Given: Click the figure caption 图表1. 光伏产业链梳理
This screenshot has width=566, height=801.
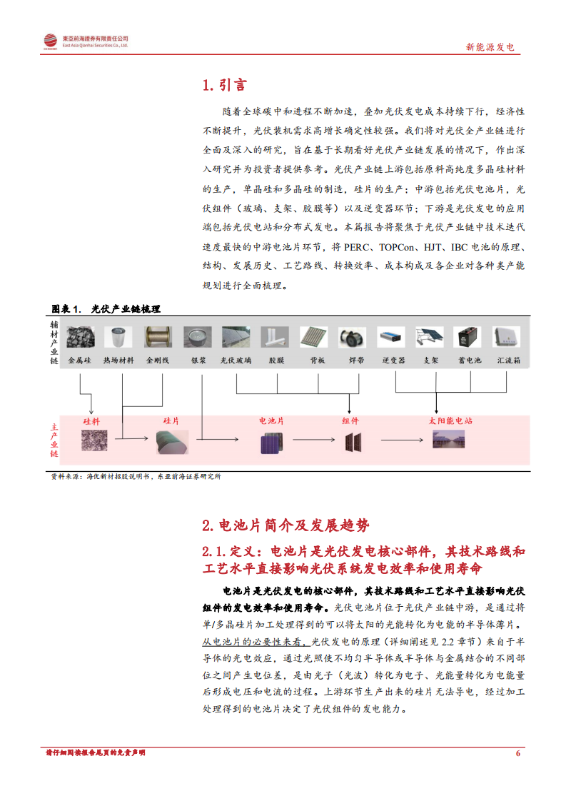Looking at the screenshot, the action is (106, 309).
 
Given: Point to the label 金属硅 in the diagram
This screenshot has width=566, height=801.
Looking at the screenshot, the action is (79, 361).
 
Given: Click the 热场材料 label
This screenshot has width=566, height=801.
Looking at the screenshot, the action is (118, 361).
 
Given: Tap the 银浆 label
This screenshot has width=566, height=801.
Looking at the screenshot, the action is (198, 361).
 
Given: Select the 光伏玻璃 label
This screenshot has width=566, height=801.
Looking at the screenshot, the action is (236, 361).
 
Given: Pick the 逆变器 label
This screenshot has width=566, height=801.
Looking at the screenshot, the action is (394, 361).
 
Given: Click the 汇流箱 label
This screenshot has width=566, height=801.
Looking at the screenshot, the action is (508, 361).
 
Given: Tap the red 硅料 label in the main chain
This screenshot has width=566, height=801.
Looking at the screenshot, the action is (91, 421).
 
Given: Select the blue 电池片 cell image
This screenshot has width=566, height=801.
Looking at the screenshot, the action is (271, 443).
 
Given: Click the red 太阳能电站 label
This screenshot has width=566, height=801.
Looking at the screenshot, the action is (450, 421).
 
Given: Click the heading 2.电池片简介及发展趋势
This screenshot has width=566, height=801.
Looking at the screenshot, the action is (286, 526).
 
